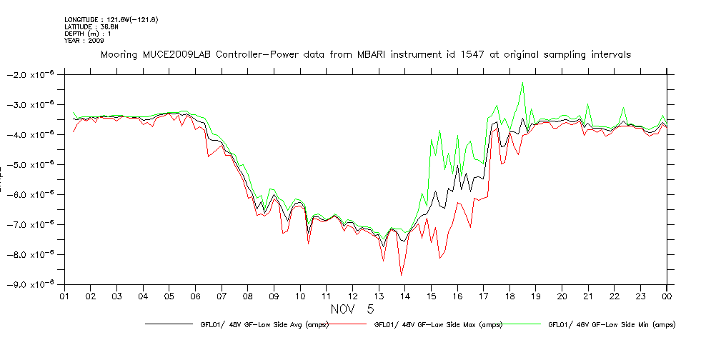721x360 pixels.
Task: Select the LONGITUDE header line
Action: [x=111, y=19]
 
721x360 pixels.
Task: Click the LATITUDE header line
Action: [x=91, y=26]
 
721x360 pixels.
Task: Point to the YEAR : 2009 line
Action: [x=85, y=40]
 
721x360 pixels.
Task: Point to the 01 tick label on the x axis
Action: [x=64, y=296]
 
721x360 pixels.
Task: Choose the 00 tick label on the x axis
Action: [x=667, y=296]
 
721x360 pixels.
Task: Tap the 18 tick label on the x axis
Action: [x=509, y=296]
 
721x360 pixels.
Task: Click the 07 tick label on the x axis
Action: [x=222, y=296]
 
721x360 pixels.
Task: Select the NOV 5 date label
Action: [x=351, y=309]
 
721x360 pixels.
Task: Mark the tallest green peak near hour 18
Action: [x=523, y=84]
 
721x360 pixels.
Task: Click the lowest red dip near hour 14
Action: [x=402, y=275]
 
